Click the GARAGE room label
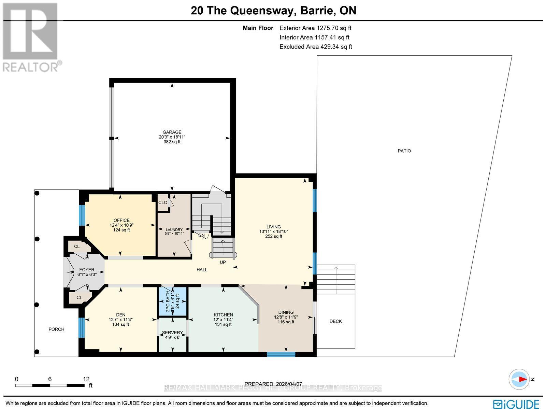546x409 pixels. (x=172, y=132)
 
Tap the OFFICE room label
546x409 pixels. (x=121, y=220)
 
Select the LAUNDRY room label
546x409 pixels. (x=174, y=230)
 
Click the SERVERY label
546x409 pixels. (x=172, y=333)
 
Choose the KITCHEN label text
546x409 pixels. (x=223, y=315)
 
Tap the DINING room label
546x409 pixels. (x=286, y=312)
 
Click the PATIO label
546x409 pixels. (x=404, y=151)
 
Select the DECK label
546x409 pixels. (x=335, y=321)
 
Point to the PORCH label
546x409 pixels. (x=56, y=329)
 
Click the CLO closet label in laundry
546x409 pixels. (x=163, y=202)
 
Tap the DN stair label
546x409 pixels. (x=201, y=235)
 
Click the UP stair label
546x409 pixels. (x=222, y=262)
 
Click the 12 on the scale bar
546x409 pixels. (x=86, y=379)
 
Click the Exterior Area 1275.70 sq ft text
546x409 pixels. (x=315, y=28)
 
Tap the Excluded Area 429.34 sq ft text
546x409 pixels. (x=316, y=47)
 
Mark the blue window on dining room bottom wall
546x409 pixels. (x=281, y=354)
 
